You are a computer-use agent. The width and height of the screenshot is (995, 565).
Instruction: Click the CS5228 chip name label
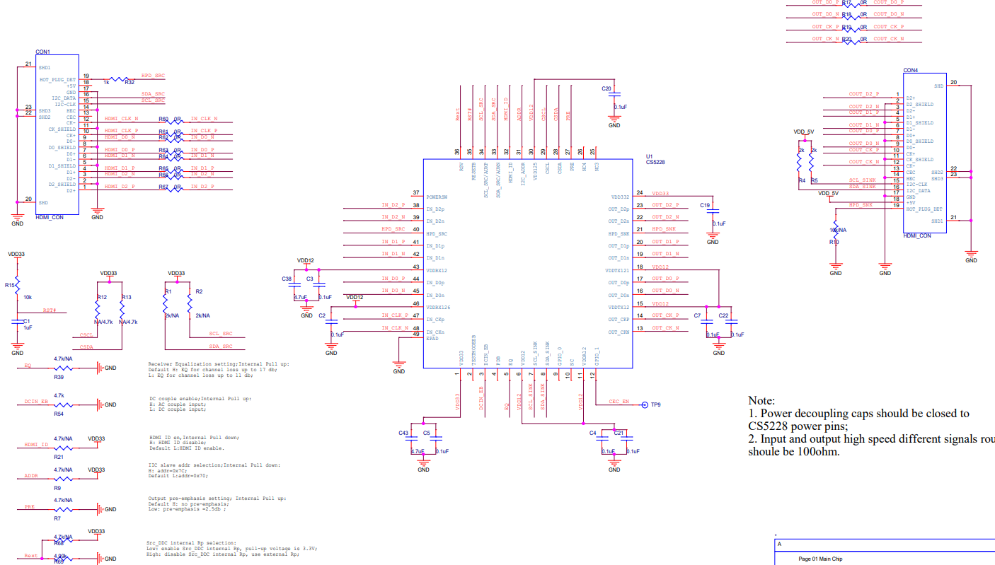coord(655,162)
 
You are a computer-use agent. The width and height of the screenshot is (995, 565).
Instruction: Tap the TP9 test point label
coord(655,405)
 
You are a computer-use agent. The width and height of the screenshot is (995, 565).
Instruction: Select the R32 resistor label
coord(130,83)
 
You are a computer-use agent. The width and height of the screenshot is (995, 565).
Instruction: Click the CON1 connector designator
coord(42,52)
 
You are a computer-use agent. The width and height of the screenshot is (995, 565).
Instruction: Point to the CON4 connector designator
coord(911,71)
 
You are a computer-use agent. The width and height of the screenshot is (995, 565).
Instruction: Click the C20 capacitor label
coord(606,89)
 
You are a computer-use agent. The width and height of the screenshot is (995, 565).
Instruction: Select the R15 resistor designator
coord(10,285)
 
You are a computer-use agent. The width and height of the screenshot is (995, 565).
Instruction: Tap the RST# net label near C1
coord(50,310)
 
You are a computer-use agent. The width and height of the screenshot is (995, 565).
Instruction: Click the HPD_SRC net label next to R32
coord(153,75)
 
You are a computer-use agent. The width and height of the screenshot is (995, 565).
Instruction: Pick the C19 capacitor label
coord(705,205)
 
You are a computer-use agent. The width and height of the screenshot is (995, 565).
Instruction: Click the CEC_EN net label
coord(619,402)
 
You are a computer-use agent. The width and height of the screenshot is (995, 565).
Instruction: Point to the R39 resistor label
coord(59,377)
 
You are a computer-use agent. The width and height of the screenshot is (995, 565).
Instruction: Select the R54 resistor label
coord(59,414)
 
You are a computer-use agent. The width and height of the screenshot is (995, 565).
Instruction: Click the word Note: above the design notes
coord(761,400)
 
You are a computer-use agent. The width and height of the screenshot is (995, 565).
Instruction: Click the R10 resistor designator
coord(836,242)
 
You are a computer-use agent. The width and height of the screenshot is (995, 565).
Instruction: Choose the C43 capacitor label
coord(404,433)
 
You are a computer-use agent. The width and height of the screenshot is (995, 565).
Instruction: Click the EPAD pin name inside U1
coord(432,339)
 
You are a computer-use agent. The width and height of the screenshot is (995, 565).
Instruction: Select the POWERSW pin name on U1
coord(437,197)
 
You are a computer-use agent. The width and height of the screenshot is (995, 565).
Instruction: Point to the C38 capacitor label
coord(287,279)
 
